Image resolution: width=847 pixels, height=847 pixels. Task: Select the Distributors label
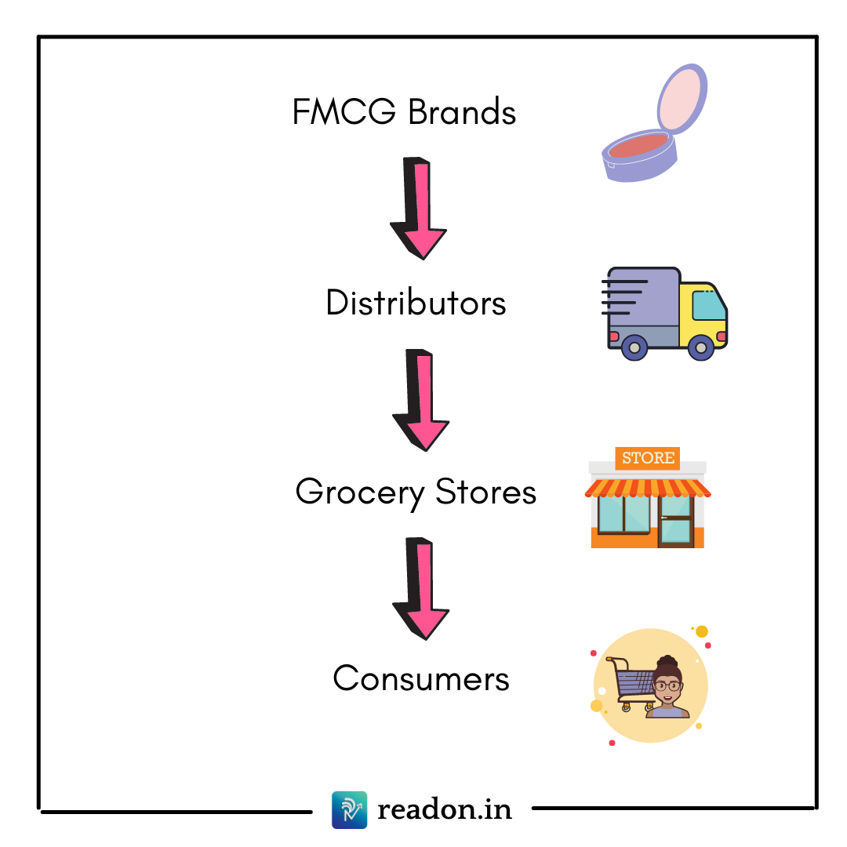[x=416, y=304]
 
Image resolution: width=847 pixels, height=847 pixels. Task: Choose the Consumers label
[x=421, y=678]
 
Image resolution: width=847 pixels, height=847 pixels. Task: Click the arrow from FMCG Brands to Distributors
[x=420, y=208]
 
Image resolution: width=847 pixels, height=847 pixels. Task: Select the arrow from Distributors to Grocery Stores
[x=423, y=399]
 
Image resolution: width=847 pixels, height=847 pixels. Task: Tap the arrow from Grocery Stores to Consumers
[x=423, y=587]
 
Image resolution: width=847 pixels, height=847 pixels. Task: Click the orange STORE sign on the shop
[x=648, y=458]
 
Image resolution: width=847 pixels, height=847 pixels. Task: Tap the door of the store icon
[x=676, y=522]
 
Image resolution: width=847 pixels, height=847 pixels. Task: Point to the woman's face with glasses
[x=667, y=684]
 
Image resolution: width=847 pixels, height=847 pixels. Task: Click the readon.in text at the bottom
[x=445, y=809]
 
